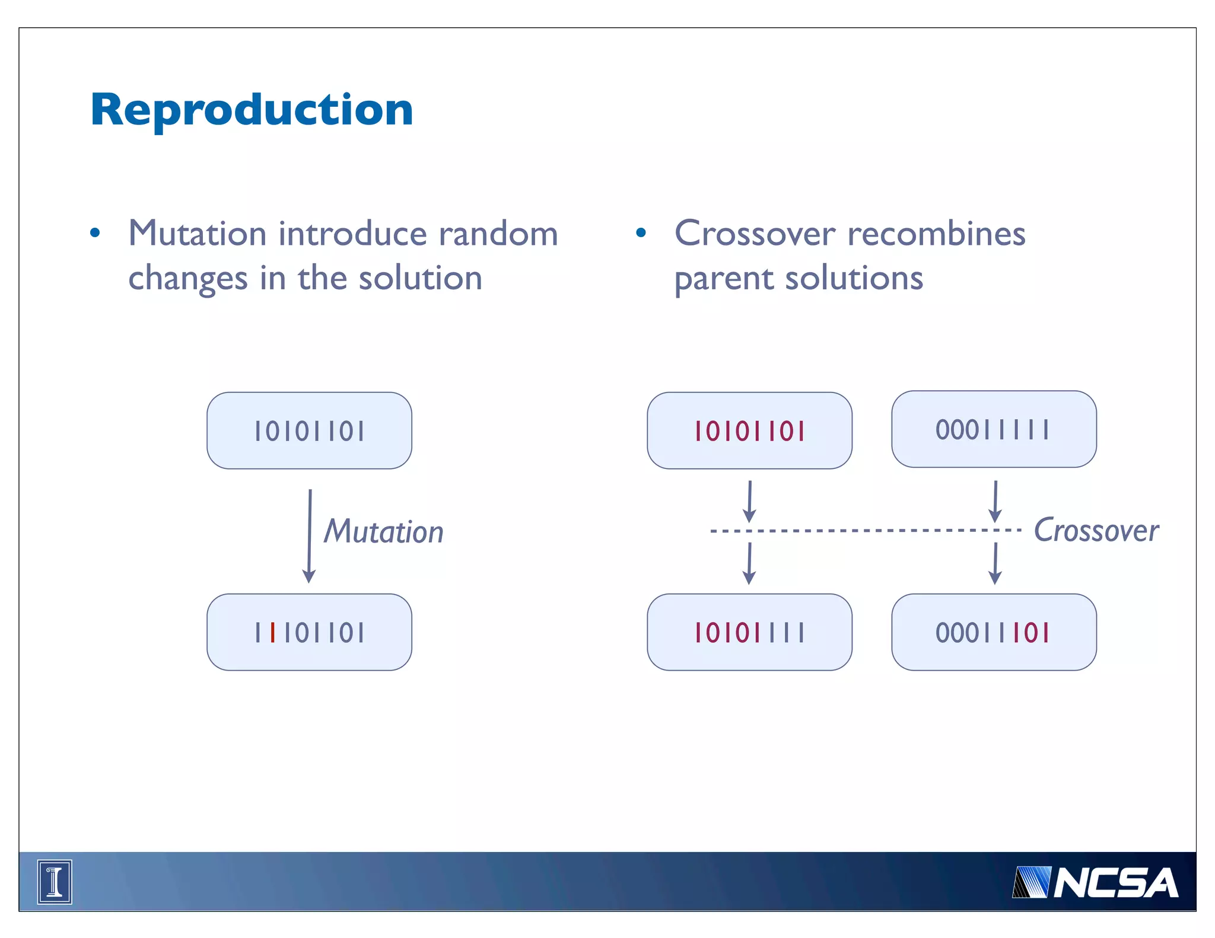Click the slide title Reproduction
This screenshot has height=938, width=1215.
[x=252, y=110]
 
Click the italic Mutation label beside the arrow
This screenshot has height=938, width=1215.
[x=384, y=531]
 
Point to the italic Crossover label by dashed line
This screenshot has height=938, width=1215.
[x=1096, y=530]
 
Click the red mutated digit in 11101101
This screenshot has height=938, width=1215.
[x=272, y=633]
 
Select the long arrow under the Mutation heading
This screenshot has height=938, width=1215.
[x=309, y=535]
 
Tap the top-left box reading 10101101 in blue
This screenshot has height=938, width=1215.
[x=309, y=430]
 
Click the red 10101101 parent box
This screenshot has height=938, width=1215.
[x=749, y=430]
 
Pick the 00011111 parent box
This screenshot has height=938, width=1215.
[x=994, y=429]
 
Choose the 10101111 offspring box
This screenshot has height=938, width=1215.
[x=749, y=633]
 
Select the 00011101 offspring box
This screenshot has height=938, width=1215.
[x=994, y=633]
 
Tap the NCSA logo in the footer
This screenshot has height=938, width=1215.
[x=1095, y=883]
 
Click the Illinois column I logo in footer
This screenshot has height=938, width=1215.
[x=55, y=882]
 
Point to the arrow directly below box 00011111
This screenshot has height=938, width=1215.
[x=995, y=501]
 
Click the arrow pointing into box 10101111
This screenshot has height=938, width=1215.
[x=749, y=563]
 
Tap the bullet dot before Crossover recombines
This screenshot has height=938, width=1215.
[x=641, y=233]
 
